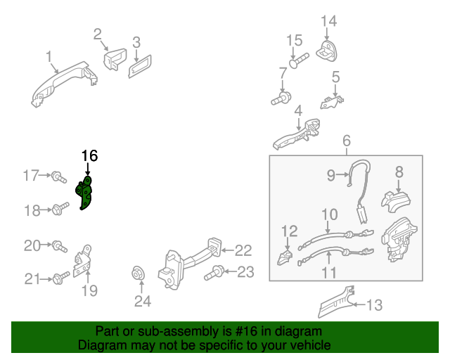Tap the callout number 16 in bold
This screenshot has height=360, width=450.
point(89,156)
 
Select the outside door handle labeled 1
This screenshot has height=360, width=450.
point(64,84)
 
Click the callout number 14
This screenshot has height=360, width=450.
point(328,21)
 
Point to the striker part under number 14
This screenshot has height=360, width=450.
point(326,51)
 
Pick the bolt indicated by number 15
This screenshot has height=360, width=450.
point(299,60)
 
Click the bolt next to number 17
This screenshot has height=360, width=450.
point(59,176)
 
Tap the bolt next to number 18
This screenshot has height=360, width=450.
point(60,209)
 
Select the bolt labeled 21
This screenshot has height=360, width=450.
point(61,278)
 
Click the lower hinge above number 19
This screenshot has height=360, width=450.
point(83,261)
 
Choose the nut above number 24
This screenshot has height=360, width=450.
point(138,274)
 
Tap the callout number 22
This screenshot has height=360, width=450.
point(243,250)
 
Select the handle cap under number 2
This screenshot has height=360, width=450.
point(115,59)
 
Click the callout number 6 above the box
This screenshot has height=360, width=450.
point(347,141)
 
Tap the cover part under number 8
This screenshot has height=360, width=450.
point(396,202)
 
